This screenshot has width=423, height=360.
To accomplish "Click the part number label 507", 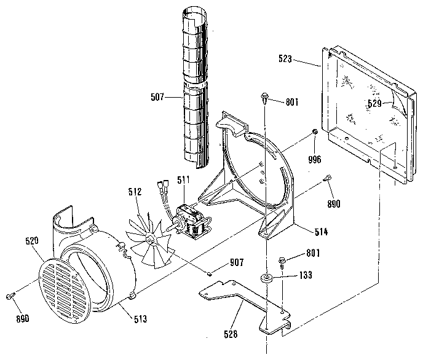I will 159,96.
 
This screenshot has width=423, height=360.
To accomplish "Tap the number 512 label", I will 136,192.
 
